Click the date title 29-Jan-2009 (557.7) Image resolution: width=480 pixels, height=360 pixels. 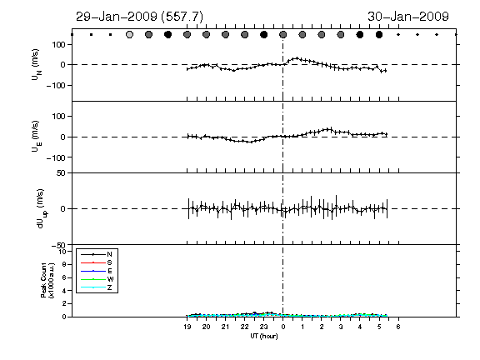point(139,17)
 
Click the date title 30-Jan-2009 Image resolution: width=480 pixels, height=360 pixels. point(408,17)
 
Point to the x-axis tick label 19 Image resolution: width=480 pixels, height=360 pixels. point(187,327)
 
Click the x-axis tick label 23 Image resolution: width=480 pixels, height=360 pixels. point(263,327)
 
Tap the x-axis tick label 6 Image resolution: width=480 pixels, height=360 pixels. point(398,327)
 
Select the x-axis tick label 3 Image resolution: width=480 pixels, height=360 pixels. point(341,327)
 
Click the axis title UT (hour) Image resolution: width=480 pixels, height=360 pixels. point(264,336)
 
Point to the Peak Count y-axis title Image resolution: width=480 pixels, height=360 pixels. point(47,280)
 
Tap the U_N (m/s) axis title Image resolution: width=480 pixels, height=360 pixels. point(37,65)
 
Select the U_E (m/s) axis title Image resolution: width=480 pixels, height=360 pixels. point(37,137)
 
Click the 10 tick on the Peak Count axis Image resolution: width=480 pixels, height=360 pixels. point(62,252)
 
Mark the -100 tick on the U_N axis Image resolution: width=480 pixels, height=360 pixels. point(56,85)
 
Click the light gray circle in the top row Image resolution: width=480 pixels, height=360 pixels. point(129,35)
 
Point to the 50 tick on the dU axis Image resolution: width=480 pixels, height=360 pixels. point(61,173)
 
